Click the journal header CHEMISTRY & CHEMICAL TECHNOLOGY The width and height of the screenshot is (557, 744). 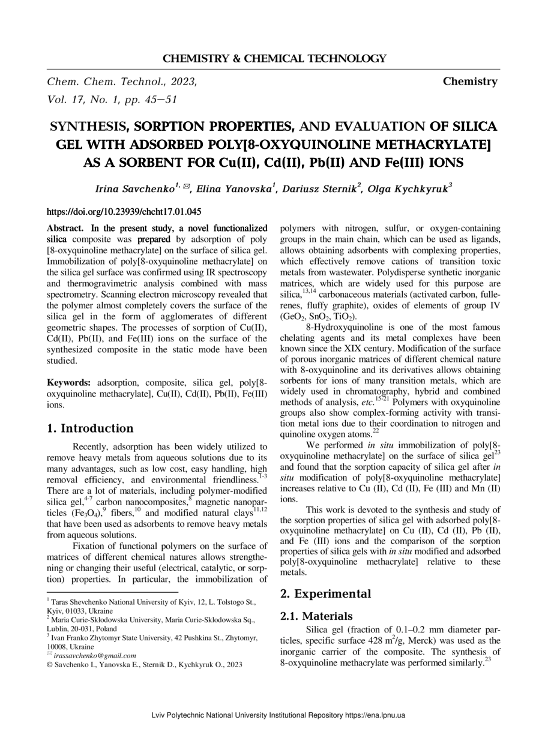274,58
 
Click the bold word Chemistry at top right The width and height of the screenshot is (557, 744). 470,82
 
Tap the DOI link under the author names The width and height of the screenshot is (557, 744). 124,212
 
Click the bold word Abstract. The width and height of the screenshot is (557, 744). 67,228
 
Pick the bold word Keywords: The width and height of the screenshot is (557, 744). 69,382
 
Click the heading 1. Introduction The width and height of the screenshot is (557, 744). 90,428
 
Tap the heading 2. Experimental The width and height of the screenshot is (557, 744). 325,594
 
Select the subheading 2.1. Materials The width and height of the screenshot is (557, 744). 316,616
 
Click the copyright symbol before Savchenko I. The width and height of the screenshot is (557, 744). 50,665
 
